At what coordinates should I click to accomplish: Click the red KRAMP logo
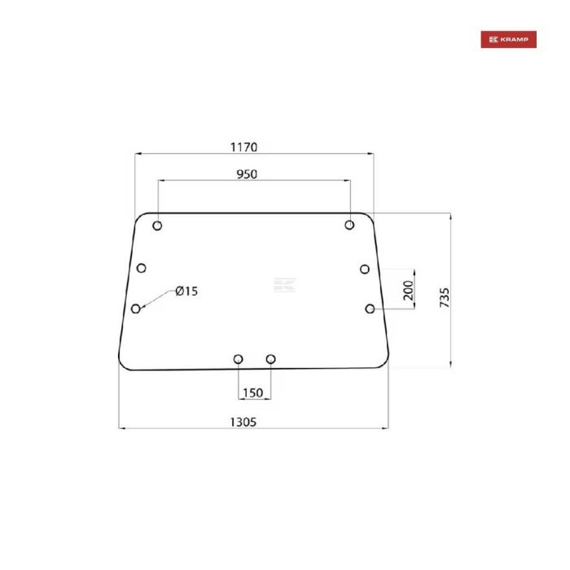pos(508,40)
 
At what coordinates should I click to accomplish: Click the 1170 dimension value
pos(243,147)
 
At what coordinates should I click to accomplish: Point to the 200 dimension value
pos(409,290)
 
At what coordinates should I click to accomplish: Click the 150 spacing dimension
pos(252,393)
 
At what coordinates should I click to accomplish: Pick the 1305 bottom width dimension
pos(244,421)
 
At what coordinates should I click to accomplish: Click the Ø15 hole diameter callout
pos(186,292)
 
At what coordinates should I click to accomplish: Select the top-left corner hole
pos(158,226)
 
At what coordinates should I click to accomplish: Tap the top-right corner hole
pos(350,225)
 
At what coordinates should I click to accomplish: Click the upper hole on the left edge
pos(142,267)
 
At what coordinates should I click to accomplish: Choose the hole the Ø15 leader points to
pos(136,309)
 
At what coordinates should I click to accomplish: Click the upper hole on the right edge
pos(365,269)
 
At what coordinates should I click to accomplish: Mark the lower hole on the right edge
pos(370,309)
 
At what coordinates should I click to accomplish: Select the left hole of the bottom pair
pos(238,359)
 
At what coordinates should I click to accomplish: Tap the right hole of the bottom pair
pos(271,359)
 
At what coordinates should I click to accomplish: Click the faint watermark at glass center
pos(285,285)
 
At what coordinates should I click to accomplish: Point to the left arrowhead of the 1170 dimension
pos(138,154)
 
